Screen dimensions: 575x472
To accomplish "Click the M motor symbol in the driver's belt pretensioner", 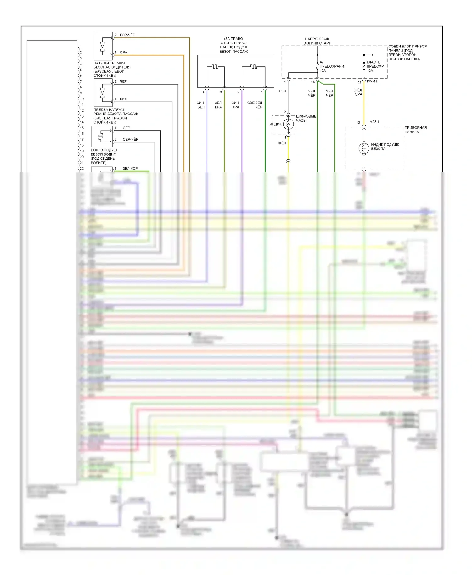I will click(x=102, y=47).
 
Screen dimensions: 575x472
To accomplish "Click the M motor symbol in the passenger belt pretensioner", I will click(x=102, y=93).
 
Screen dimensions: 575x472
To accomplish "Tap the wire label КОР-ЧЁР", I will click(x=127, y=35).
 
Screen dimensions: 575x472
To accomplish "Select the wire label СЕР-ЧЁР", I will click(x=130, y=139).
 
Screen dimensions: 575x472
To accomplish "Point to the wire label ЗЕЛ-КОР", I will click(x=130, y=169).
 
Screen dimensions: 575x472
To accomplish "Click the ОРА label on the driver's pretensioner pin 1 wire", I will click(x=123, y=53).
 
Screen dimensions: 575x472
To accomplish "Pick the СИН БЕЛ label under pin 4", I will click(x=201, y=105).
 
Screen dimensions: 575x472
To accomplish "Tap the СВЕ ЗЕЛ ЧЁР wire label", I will click(x=255, y=105).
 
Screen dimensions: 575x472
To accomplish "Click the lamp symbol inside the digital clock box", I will click(x=288, y=124).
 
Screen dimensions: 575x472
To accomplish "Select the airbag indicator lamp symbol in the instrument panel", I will click(x=364, y=148).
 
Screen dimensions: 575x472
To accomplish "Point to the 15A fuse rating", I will click(x=323, y=71).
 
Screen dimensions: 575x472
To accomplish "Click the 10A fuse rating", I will click(x=370, y=71).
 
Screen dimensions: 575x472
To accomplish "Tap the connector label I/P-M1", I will click(x=372, y=81).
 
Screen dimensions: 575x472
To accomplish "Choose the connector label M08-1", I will click(x=374, y=122).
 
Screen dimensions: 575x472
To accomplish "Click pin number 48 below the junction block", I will click(x=313, y=82).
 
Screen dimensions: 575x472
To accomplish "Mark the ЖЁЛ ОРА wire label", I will click(x=358, y=92).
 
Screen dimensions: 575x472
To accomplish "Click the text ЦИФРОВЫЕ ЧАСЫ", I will click(x=306, y=118).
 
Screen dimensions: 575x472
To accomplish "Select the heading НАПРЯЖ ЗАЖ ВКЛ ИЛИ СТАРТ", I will click(x=317, y=41).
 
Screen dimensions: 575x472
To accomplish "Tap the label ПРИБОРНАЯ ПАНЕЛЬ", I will click(x=415, y=130).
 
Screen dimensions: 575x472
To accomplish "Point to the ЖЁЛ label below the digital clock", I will click(x=282, y=143).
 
